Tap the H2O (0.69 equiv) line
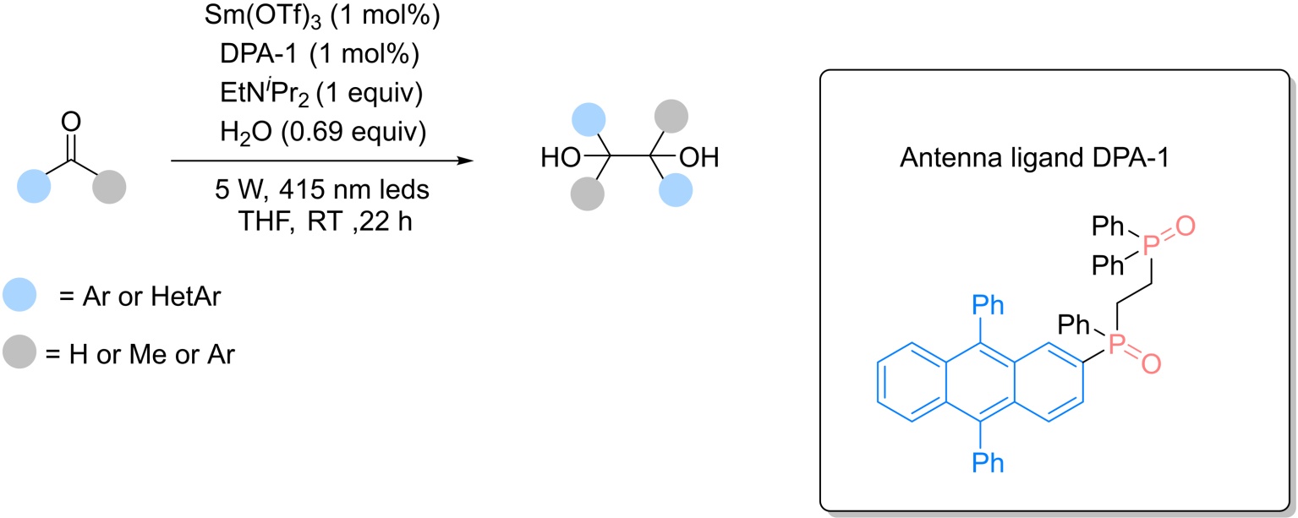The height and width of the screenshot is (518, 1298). click(323, 133)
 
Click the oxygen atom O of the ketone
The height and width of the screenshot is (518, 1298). click(71, 123)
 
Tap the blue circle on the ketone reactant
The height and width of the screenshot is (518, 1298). click(34, 187)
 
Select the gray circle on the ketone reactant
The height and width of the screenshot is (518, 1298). click(109, 187)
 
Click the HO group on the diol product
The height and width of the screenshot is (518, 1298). click(561, 157)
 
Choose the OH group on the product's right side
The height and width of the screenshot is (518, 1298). click(698, 157)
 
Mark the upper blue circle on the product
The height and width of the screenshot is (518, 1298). click(589, 120)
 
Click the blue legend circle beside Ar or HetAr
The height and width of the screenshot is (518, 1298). click(19, 295)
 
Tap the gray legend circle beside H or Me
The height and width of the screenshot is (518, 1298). click(19, 352)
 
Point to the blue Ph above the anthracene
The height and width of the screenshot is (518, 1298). click(988, 305)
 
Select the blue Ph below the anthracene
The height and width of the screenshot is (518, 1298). click(988, 463)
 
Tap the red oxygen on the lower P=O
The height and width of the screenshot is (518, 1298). click(1152, 364)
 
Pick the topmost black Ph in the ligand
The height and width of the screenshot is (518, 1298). click(1108, 226)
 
